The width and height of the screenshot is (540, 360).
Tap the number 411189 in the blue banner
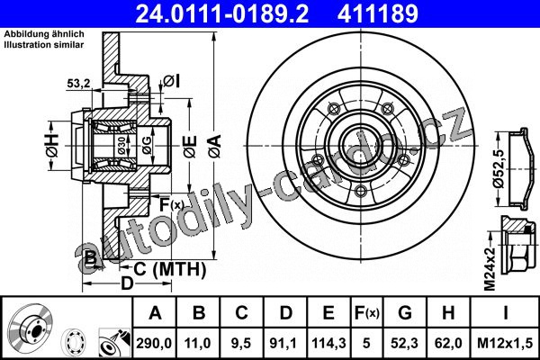click(377, 13)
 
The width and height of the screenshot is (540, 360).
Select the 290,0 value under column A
click(154, 343)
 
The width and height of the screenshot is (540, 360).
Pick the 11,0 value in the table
click(198, 343)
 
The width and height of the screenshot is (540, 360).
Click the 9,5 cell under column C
click(241, 343)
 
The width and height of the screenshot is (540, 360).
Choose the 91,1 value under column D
click(284, 343)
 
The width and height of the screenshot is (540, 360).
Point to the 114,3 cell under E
click(328, 343)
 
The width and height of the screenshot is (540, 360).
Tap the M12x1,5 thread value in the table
click(505, 343)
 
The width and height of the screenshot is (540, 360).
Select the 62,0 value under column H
click(448, 343)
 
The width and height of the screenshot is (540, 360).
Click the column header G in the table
click(405, 313)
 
